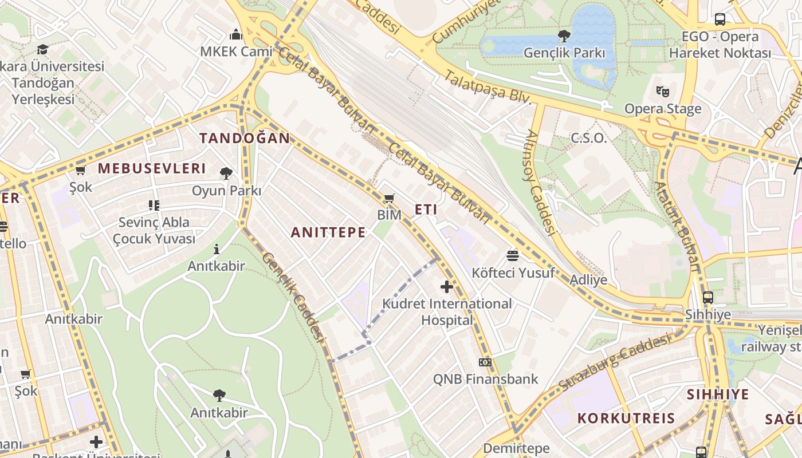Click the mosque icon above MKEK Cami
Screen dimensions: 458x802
pos(236,34)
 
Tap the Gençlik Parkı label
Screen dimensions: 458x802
pos(564,53)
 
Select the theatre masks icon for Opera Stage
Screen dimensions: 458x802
pos(663,91)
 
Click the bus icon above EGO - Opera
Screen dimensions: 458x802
pos(720,19)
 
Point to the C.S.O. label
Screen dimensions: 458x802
pos(588,138)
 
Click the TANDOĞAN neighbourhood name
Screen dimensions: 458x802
pos(245,138)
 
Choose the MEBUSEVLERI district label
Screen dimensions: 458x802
pos(151,168)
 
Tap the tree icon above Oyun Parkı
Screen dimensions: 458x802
pos(226,173)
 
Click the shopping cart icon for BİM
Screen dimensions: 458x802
pos(390,199)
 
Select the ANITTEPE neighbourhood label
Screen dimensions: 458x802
pos(328,232)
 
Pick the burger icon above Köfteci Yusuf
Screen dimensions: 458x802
pos(513,255)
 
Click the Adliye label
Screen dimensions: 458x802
pos(588,280)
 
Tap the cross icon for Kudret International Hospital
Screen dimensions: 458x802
pos(447,286)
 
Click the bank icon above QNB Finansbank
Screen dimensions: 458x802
pos(485,362)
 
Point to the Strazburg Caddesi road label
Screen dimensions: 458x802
pos(614,363)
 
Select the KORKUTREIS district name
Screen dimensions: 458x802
pos(626,418)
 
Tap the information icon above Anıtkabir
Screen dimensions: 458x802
pos(217,249)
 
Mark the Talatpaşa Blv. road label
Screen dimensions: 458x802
pos(489,88)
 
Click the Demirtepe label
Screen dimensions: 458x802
pos(516,448)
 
